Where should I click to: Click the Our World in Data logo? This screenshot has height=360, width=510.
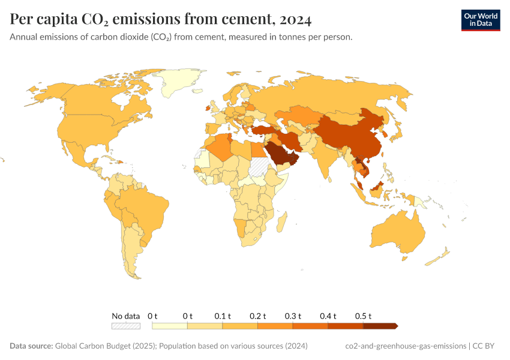pos(480,20)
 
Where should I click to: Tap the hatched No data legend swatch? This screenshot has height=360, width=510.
pos(125,326)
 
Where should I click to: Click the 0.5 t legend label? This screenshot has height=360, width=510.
pos(363,316)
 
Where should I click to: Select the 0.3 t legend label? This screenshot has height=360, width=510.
pos(293,316)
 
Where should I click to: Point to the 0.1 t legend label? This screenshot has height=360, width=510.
pos(223,316)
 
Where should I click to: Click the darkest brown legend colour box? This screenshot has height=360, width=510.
pos(380,326)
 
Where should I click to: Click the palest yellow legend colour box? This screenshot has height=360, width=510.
pos(170,326)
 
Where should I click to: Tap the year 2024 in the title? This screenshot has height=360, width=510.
pos(295,20)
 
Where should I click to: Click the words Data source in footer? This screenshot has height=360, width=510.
pos(31,346)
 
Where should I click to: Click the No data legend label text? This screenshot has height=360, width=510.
pos(126,316)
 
